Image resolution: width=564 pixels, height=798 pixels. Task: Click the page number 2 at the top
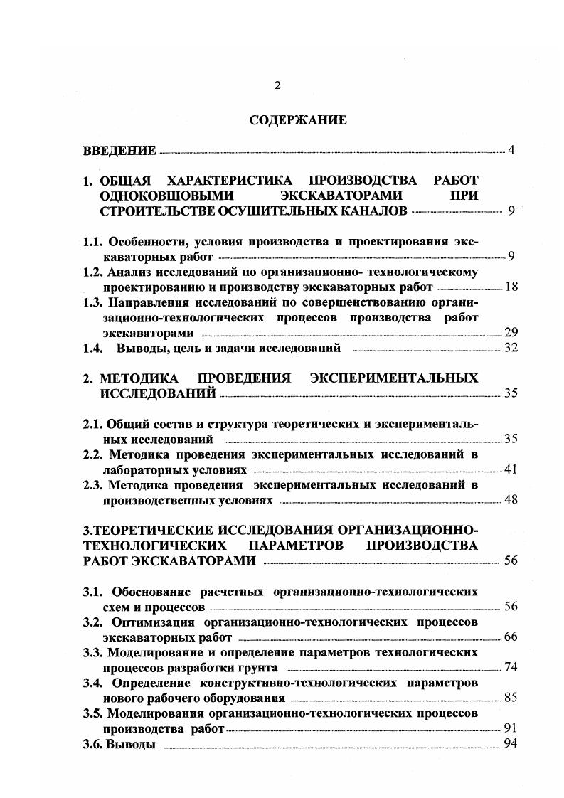pyautogui.click(x=277, y=86)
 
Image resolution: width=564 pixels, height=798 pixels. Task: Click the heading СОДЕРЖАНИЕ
pyautogui.click(x=298, y=120)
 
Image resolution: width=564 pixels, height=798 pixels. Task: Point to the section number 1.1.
pyautogui.click(x=93, y=241)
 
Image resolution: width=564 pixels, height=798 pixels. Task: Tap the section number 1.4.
pyautogui.click(x=93, y=348)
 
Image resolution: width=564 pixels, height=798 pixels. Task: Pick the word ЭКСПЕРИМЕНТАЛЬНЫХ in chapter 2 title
pyautogui.click(x=394, y=378)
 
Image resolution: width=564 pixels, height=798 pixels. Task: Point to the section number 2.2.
pyautogui.click(x=93, y=454)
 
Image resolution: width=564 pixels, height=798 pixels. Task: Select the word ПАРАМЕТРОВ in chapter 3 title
pyautogui.click(x=299, y=546)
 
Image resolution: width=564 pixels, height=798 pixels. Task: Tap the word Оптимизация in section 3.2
pyautogui.click(x=151, y=622)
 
